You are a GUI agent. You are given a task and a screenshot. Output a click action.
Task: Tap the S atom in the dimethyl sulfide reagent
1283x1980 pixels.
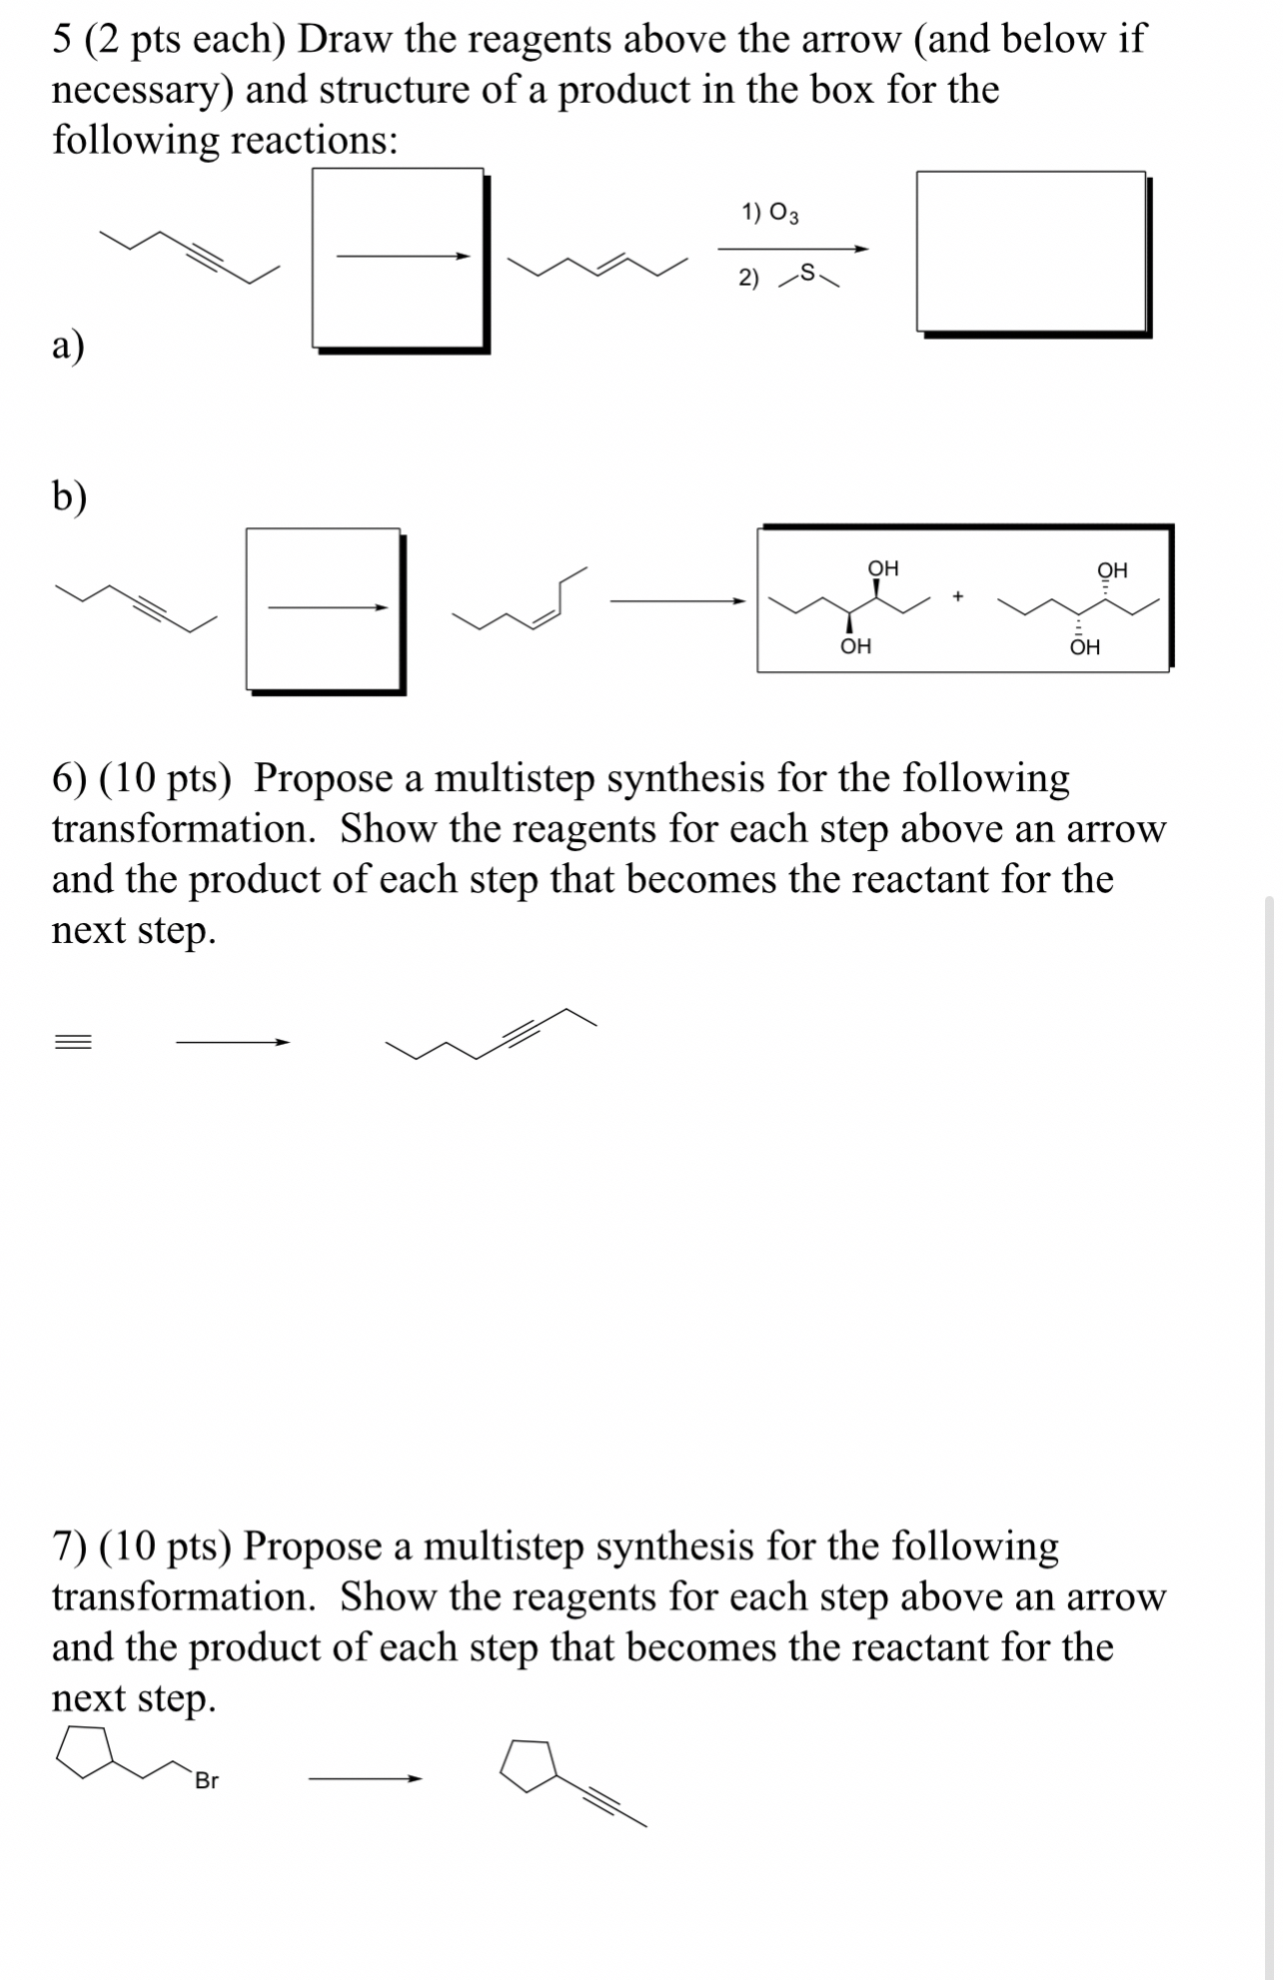(809, 271)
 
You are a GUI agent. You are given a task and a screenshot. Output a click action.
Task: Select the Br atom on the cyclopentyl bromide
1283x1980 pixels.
(207, 1780)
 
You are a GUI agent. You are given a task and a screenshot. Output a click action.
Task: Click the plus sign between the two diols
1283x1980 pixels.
(957, 596)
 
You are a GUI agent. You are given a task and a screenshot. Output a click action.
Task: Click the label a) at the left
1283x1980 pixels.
(68, 345)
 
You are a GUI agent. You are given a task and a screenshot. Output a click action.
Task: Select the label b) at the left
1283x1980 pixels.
(69, 495)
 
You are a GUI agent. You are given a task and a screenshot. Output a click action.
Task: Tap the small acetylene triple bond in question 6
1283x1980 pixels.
(73, 1042)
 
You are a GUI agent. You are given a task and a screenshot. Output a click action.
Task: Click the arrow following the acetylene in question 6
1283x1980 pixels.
(232, 1043)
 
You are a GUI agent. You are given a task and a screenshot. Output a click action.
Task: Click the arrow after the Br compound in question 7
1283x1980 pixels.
(364, 1778)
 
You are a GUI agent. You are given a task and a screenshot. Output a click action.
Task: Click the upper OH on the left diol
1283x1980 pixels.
(882, 567)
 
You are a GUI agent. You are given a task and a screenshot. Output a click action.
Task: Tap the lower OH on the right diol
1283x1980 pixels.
(1084, 647)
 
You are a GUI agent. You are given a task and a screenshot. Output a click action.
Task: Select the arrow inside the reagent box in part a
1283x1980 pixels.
(402, 257)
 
